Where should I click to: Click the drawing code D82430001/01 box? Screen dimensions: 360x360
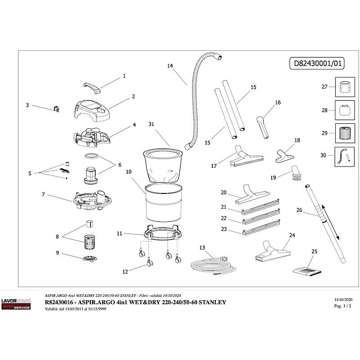[x=315, y=64]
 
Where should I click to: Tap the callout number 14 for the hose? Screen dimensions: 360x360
[x=170, y=66]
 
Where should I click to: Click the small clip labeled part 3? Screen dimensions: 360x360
[x=56, y=108]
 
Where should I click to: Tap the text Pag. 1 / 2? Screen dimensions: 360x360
[x=341, y=305]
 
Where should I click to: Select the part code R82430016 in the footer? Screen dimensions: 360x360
[x=63, y=302]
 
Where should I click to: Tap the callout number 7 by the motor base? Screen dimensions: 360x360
[x=43, y=194]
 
